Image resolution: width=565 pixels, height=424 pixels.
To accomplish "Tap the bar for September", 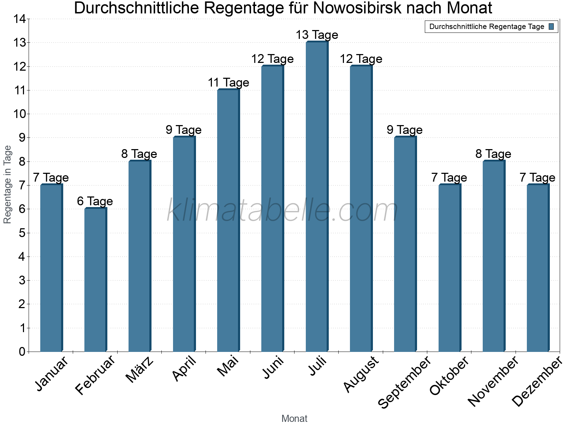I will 405,244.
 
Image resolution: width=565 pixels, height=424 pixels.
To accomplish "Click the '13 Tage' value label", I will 317,35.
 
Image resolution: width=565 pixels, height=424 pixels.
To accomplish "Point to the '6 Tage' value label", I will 95,201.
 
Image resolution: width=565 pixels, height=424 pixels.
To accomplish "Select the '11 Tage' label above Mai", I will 228,83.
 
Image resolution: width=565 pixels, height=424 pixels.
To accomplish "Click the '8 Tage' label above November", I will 493,154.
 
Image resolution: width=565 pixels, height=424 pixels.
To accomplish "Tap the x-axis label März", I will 140,370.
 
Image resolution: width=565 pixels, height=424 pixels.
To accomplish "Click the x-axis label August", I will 361,374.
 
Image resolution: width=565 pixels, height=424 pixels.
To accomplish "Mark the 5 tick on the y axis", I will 22,233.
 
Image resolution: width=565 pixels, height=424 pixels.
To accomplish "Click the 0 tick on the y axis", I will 22,352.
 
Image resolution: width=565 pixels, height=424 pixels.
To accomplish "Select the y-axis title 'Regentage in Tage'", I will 7,184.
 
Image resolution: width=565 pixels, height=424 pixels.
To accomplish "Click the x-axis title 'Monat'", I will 294,418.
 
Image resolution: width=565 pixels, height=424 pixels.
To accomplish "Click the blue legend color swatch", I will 551,26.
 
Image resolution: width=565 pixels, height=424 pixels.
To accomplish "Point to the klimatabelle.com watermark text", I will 282,211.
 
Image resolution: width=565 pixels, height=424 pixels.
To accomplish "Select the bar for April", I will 184,244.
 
